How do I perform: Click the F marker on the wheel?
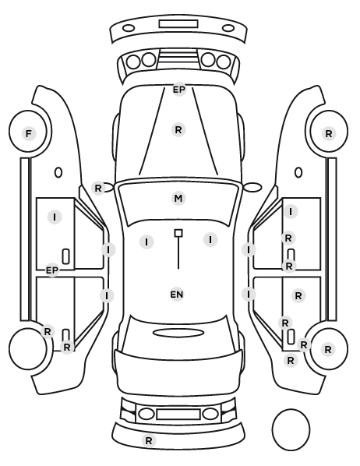(x=29, y=133)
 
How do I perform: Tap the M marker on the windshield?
(x=178, y=198)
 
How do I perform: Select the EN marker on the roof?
(x=177, y=295)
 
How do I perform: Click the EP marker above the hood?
(x=179, y=90)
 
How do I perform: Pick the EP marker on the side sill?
(x=52, y=270)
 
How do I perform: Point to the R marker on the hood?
(x=178, y=130)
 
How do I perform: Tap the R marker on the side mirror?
(x=98, y=188)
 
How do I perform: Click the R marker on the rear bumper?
(x=149, y=440)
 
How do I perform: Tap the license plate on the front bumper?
(x=178, y=24)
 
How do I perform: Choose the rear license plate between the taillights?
(x=178, y=414)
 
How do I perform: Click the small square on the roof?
(x=178, y=233)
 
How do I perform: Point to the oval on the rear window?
(x=178, y=333)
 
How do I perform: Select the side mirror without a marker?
(x=252, y=187)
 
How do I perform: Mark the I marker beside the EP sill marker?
(x=55, y=217)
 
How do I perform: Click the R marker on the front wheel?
(x=329, y=134)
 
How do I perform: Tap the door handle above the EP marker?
(x=66, y=256)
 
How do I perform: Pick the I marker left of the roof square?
(x=146, y=242)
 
